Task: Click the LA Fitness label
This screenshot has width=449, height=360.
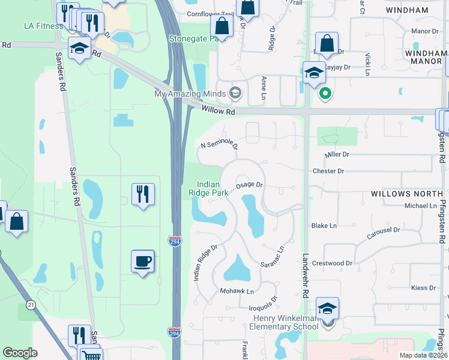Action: point(43,26)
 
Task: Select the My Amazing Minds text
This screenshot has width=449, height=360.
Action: point(190,94)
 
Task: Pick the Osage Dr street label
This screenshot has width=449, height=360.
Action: point(250,185)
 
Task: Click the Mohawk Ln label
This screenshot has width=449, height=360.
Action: point(237,292)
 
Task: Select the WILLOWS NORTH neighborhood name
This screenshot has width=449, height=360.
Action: point(407,194)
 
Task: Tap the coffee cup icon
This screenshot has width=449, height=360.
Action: point(143,261)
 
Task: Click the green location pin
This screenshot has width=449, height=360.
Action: point(325,93)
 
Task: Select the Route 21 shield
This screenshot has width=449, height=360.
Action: point(31,306)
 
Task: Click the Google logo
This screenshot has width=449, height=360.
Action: point(20,353)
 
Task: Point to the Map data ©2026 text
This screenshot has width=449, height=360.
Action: point(423,355)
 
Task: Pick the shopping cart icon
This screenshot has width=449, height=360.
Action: point(91,355)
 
